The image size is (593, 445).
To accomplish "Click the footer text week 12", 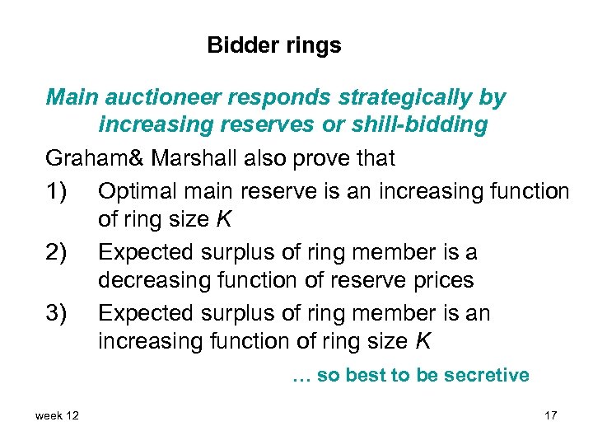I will click(57, 415).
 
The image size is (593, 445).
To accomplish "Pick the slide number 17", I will click(550, 415).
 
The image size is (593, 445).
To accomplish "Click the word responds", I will click(282, 98).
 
